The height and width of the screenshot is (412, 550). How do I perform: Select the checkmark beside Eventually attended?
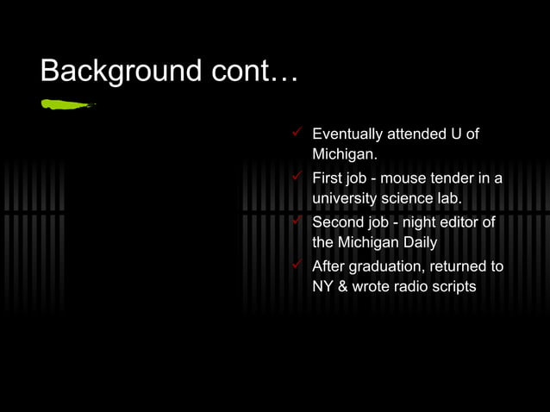[x=297, y=134]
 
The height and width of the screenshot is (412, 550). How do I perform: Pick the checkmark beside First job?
[x=297, y=178]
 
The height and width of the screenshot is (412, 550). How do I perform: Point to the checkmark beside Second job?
[x=297, y=222]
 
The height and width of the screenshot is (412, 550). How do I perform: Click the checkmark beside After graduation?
[x=297, y=265]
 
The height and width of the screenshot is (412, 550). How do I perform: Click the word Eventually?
[x=347, y=134]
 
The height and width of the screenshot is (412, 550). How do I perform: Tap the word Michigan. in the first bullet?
[x=345, y=155]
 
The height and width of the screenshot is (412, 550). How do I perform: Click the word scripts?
[x=453, y=287]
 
